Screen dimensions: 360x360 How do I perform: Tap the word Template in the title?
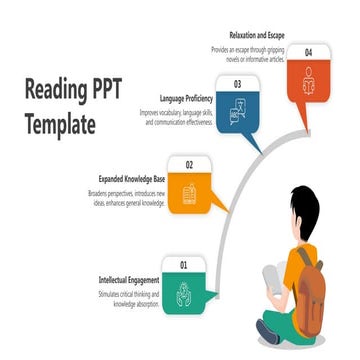pos(60,127)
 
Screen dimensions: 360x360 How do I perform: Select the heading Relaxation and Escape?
pos(256,34)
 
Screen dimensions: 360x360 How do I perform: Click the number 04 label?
pos(308,51)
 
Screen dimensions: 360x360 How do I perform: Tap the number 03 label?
pos(237,85)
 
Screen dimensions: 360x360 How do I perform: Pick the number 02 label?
pos(189,165)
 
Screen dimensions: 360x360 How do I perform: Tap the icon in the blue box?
pos(238,115)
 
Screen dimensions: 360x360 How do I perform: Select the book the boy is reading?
pos(271,279)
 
